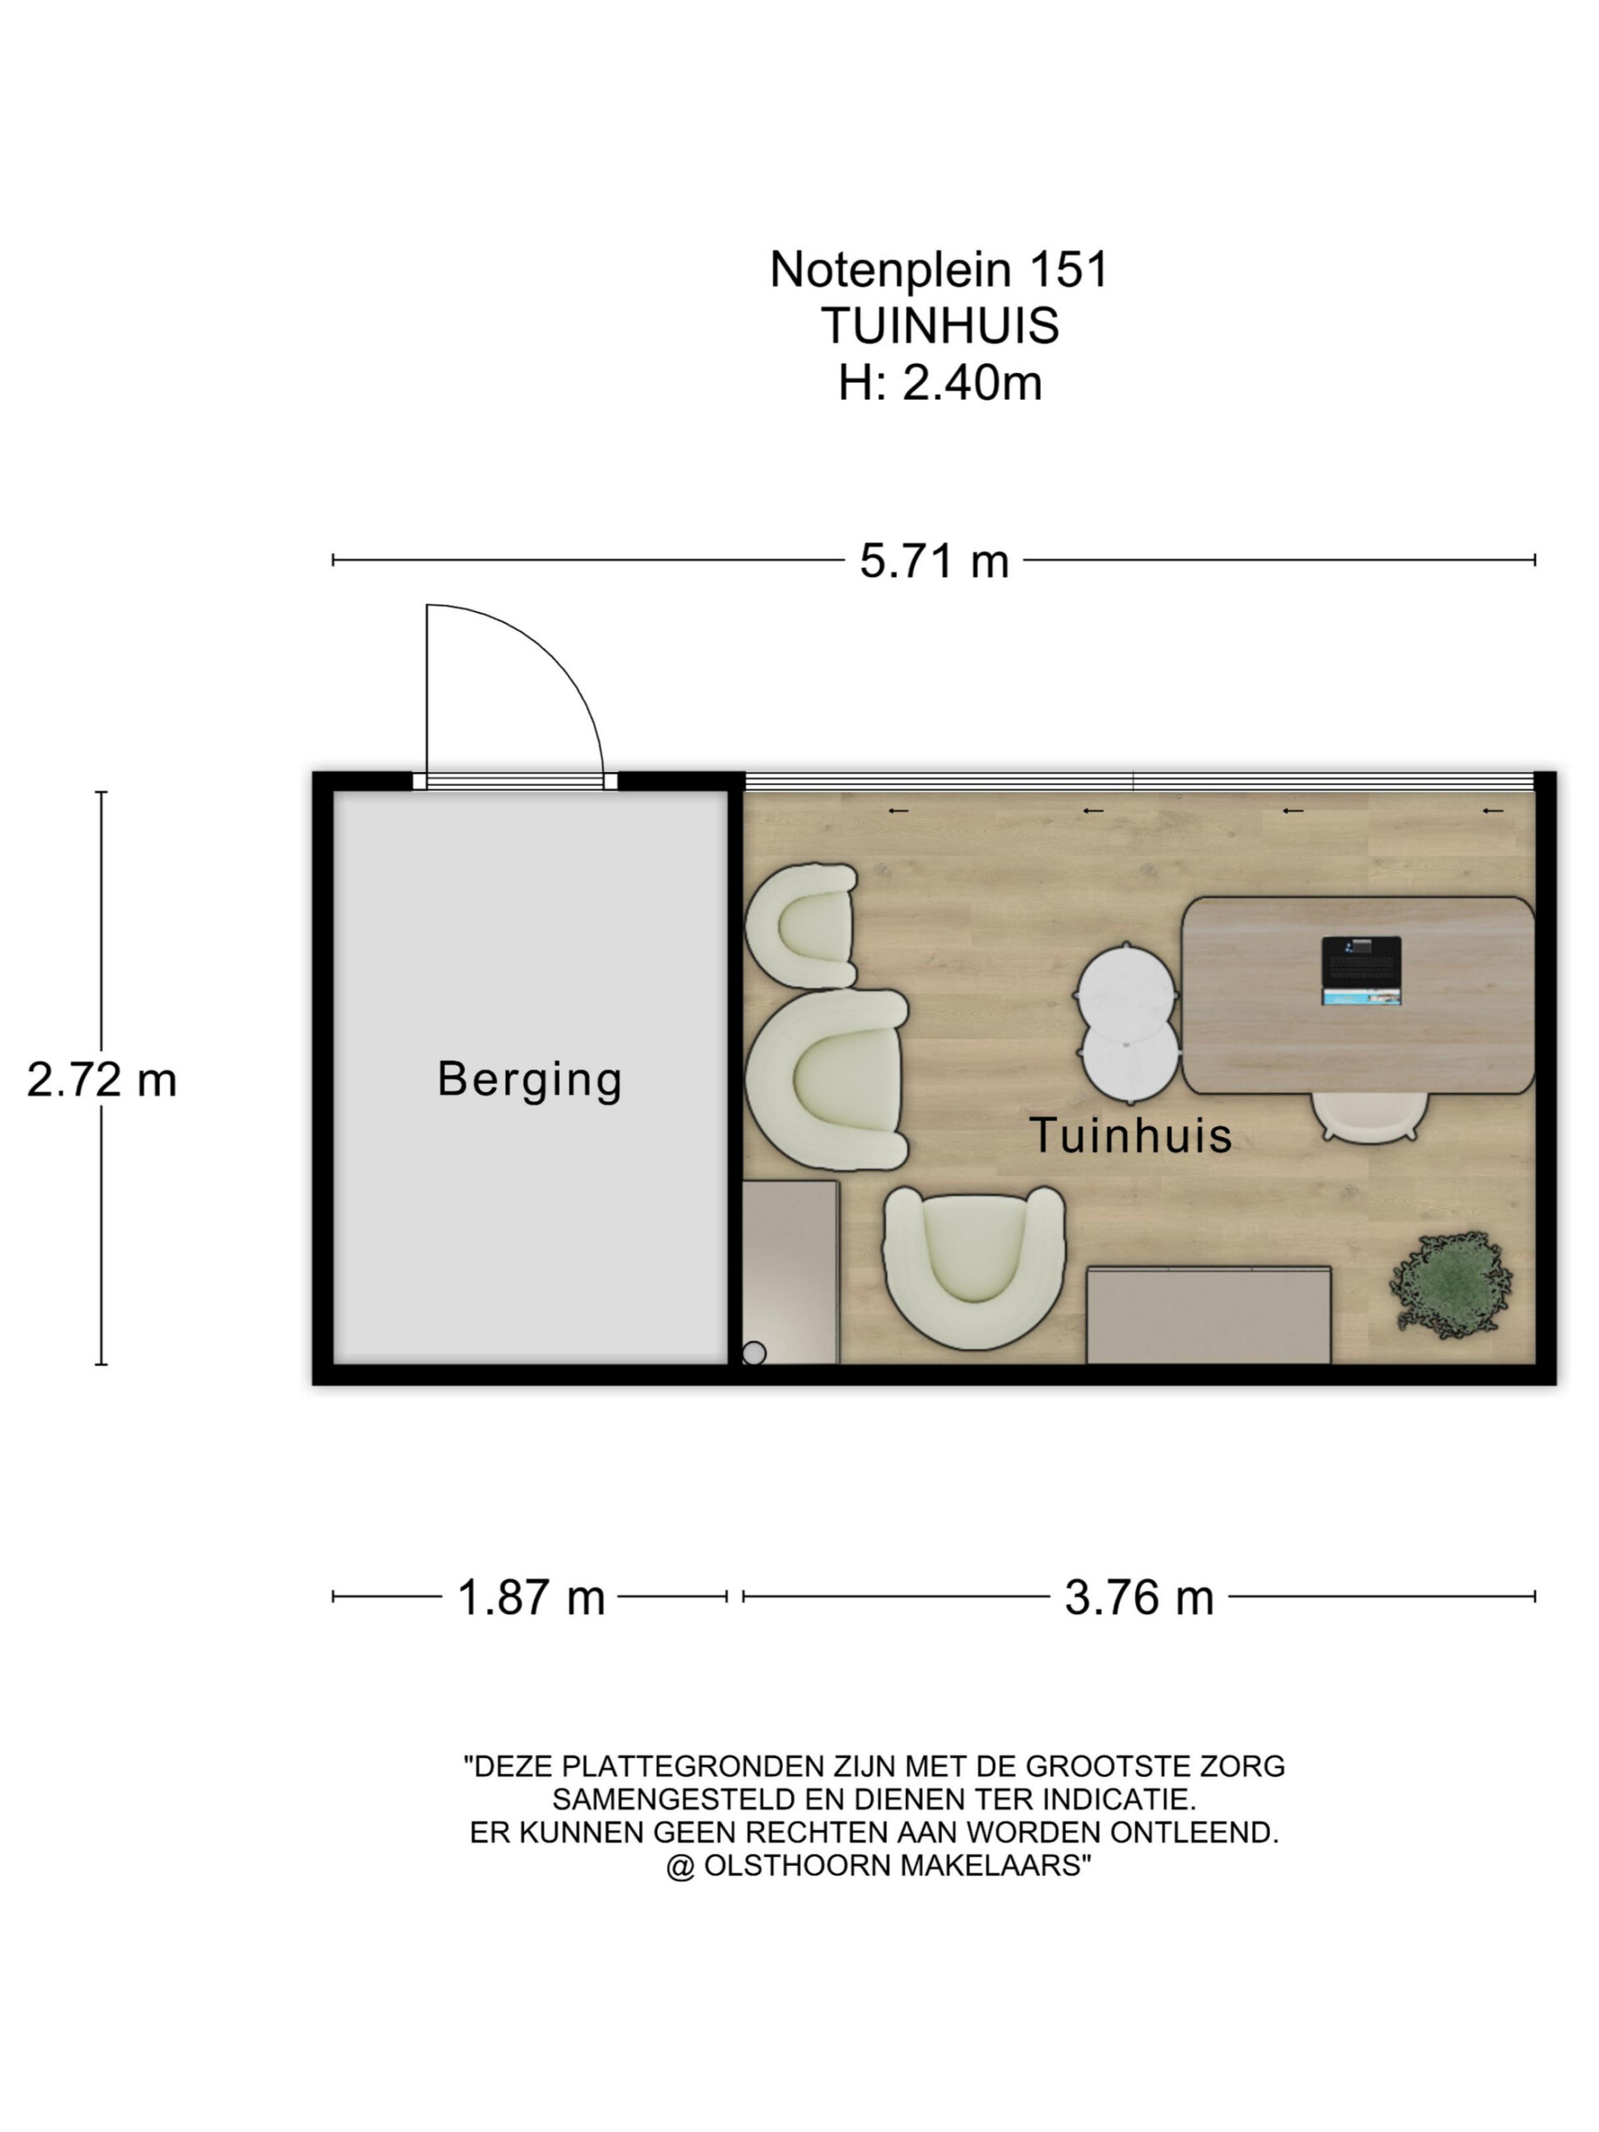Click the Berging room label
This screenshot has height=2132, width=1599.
click(529, 1078)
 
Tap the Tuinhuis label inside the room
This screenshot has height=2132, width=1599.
click(1131, 1134)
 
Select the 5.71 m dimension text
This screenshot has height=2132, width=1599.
click(934, 561)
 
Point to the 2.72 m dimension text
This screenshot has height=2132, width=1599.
click(102, 1079)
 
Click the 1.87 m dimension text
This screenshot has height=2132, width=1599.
click(531, 1597)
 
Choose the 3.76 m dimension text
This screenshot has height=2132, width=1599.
click(1138, 1597)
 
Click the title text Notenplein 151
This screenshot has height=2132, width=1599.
click(939, 269)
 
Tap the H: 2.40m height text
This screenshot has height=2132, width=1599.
click(939, 382)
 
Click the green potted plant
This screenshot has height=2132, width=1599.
click(1450, 1284)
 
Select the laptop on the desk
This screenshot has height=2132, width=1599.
click(1360, 970)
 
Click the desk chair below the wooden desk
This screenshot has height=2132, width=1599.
click(1368, 1118)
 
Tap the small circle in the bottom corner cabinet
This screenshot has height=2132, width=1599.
click(754, 1353)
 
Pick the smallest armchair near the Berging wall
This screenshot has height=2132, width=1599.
click(802, 925)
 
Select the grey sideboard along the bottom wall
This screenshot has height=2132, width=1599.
click(1208, 1315)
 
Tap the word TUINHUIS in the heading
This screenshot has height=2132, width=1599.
click(939, 326)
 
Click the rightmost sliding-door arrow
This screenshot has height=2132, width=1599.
click(1492, 810)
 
